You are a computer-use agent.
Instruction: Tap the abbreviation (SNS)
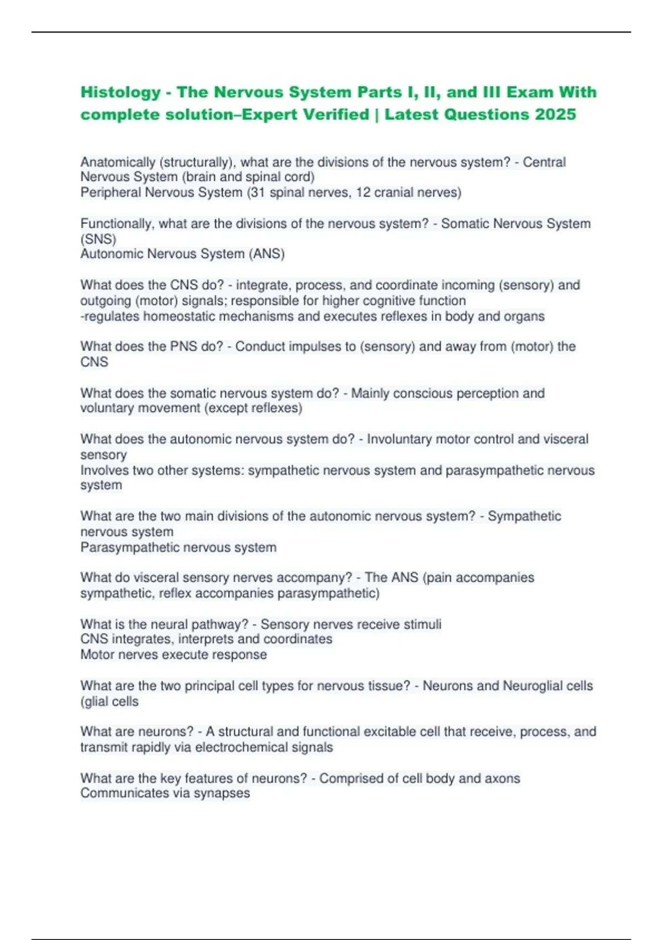98,239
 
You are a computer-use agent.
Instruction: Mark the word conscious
426,393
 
